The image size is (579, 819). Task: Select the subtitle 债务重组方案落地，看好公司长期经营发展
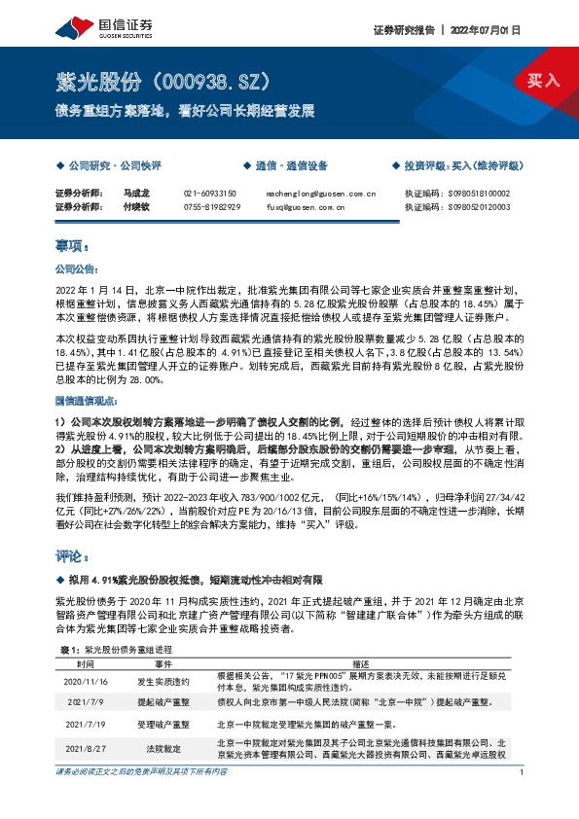pyautogui.click(x=185, y=111)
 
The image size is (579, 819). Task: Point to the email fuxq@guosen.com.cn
pyautogui.click(x=305, y=206)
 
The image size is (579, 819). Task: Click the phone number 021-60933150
pyautogui.click(x=210, y=194)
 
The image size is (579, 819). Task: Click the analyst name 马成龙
pyautogui.click(x=137, y=194)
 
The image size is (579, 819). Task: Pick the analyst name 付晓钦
pyautogui.click(x=137, y=206)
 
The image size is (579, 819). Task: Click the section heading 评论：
pyautogui.click(x=73, y=555)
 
